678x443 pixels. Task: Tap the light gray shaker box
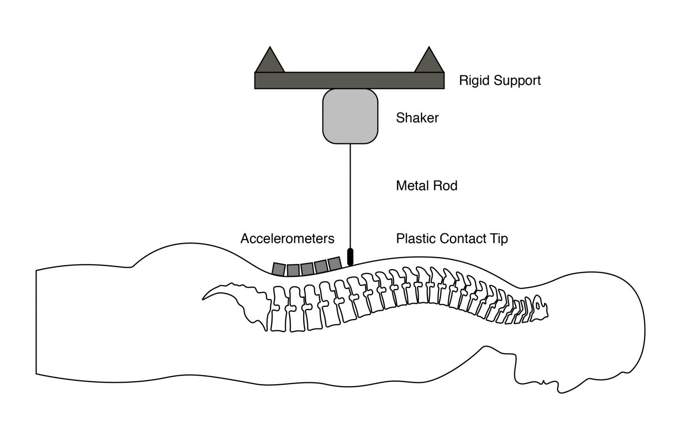(350, 116)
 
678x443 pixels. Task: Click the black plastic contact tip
(350, 256)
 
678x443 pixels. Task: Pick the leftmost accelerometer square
(279, 269)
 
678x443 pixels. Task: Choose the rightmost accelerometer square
(334, 263)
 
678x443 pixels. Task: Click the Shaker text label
(417, 118)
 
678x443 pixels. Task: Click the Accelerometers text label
(287, 238)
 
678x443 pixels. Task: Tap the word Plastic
(416, 238)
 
